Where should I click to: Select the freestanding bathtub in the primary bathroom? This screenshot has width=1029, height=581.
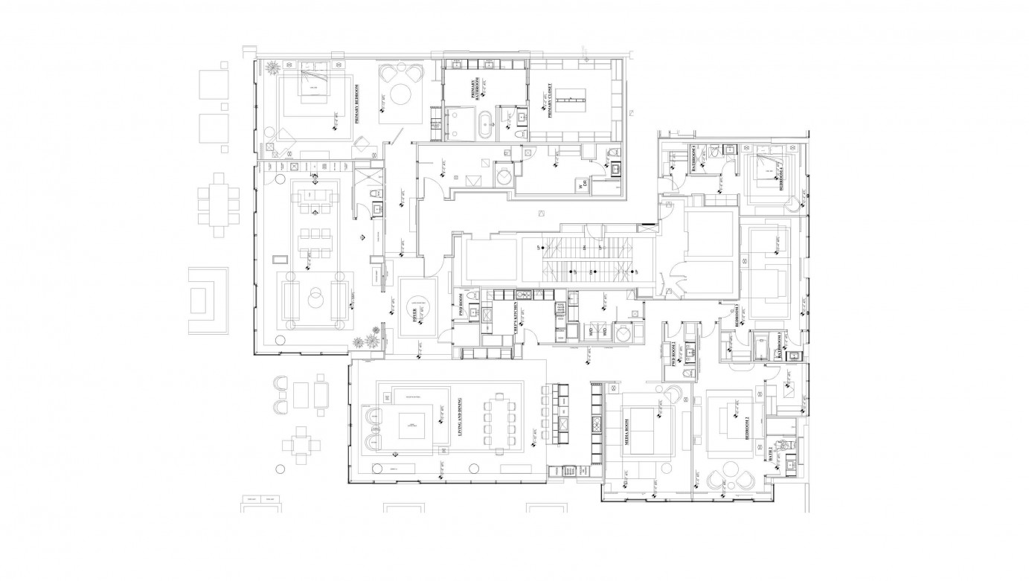click(485, 125)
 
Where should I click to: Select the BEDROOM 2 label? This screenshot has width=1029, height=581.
click(748, 429)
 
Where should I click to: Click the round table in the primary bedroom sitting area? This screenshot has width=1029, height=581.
click(402, 95)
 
